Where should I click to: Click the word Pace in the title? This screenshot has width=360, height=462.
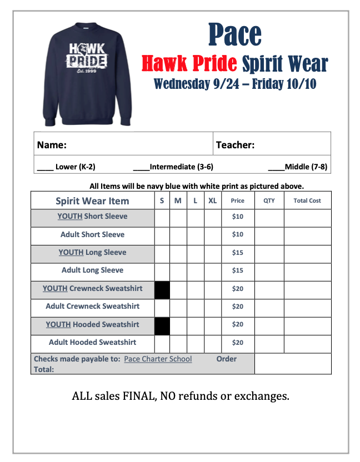point(234,34)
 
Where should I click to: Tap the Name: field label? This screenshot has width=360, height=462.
point(52,145)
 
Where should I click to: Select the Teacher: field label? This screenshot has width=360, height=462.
point(235,145)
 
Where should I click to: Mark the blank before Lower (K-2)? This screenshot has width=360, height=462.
point(45,167)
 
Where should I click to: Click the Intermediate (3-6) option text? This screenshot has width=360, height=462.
point(181,167)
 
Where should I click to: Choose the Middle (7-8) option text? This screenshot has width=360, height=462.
point(306,167)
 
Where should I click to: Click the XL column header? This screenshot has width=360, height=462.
point(212,201)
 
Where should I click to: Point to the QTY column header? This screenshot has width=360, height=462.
point(269,201)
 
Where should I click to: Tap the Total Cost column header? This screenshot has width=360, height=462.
point(307,201)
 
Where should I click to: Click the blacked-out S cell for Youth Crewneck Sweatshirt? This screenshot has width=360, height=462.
point(162,290)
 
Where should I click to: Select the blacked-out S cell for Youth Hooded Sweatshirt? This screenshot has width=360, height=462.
point(162,326)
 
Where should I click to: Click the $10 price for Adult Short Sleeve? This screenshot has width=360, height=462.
point(237,234)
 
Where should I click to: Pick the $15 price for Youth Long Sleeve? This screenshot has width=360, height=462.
point(237,253)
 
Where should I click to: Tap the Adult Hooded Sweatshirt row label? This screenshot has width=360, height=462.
point(92,343)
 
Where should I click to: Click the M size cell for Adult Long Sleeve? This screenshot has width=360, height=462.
point(178,272)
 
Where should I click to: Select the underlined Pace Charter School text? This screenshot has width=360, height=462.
point(158,359)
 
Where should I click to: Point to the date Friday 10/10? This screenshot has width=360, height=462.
point(287,84)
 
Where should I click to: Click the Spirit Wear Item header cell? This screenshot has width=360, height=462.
point(92,201)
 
